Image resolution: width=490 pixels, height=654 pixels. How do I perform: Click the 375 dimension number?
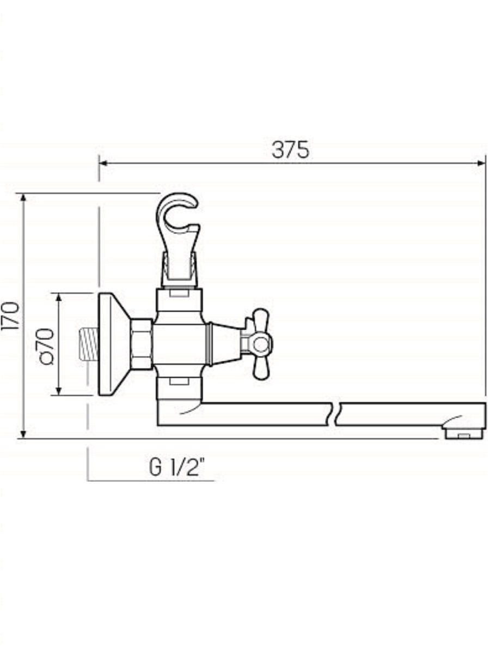(x=290, y=150)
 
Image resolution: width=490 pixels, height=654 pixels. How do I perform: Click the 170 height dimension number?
(x=11, y=317)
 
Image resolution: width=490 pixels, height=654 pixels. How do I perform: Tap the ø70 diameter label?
(x=47, y=347)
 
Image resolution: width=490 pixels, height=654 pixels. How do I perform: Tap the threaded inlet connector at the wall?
(x=89, y=344)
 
